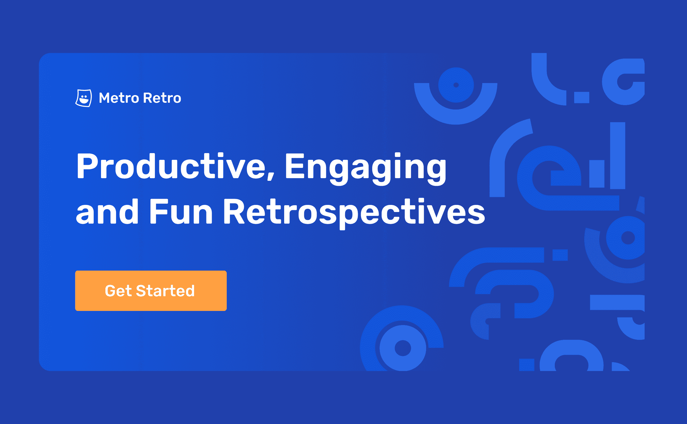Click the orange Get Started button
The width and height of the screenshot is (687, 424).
(x=151, y=291)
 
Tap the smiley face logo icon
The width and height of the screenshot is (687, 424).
(x=84, y=98)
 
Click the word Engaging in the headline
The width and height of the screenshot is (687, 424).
(x=365, y=169)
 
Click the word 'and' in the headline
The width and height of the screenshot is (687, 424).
(x=107, y=211)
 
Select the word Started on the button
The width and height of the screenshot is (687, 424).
(x=165, y=291)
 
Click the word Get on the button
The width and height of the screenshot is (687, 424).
(x=118, y=291)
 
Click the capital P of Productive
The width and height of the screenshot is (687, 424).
(x=87, y=166)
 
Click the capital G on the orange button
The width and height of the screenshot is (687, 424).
(x=110, y=291)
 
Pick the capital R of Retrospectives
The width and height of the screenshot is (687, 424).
(x=234, y=211)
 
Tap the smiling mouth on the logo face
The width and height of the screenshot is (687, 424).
(x=84, y=101)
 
